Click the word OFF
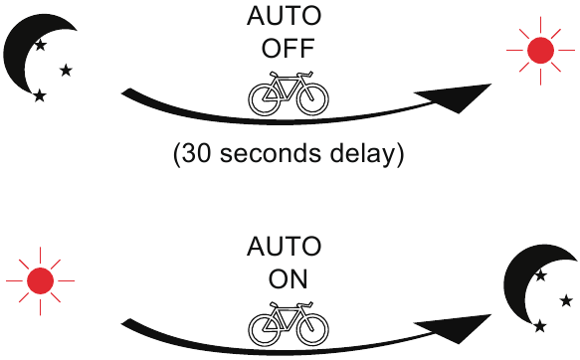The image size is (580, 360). [x=289, y=48]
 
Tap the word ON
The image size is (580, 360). [x=289, y=279]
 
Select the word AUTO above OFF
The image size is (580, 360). [x=285, y=16]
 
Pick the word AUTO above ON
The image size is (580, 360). [x=285, y=247]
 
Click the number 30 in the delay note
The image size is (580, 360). [x=196, y=153]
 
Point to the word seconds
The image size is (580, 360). [x=271, y=153]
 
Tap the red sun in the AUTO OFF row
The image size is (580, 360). [x=540, y=51]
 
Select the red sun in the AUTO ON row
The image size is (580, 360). [x=41, y=281]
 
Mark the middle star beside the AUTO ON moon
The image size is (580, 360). [x=566, y=301]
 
